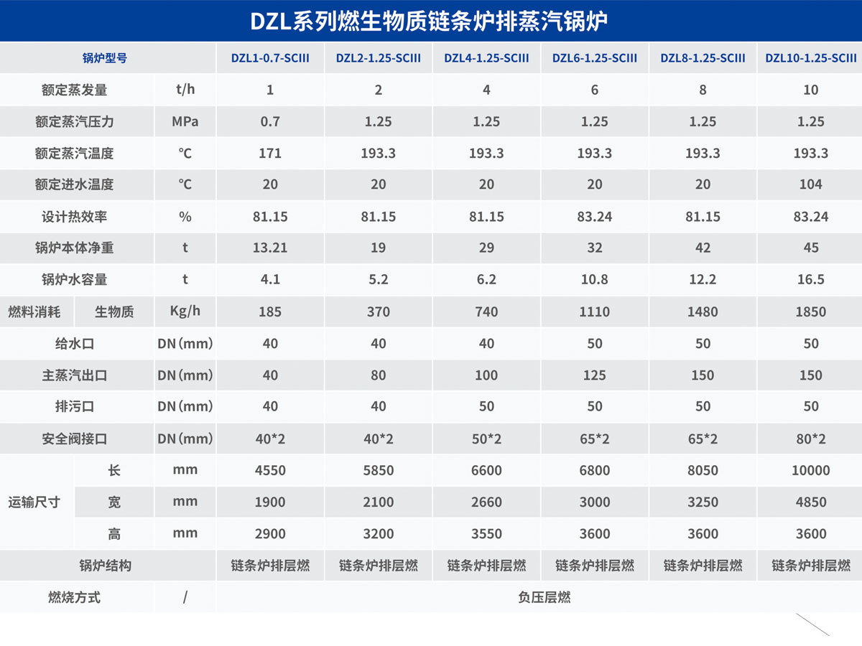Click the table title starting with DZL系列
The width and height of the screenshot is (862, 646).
429,21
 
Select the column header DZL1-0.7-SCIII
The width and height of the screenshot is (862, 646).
270,58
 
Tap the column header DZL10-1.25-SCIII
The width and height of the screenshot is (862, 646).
810,58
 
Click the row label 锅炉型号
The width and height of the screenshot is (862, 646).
105,58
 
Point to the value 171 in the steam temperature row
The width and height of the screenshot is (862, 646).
270,153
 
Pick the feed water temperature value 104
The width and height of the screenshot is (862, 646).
810,184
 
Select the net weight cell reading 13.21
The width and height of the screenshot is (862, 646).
270,248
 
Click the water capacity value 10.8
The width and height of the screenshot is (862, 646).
594,279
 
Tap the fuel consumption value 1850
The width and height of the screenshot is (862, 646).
810,312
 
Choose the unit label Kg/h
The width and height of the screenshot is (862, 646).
185,312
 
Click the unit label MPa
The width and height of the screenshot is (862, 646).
185,121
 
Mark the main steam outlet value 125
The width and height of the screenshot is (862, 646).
594,375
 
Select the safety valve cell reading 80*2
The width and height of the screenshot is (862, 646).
810,439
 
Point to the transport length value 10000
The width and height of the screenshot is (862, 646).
810,470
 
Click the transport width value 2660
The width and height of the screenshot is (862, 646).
486,502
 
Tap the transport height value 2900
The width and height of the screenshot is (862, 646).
270,533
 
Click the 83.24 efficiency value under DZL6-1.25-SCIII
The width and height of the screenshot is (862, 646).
594,216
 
